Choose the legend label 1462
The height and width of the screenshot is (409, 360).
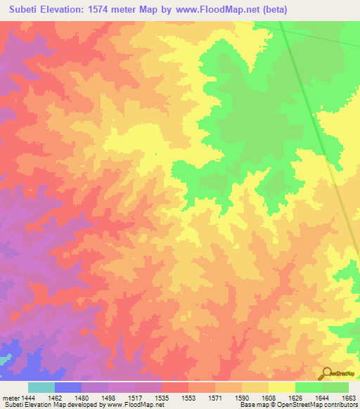click(x=57, y=397)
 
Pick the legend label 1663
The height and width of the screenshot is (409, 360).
click(x=347, y=397)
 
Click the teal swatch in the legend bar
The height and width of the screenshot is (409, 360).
click(x=41, y=387)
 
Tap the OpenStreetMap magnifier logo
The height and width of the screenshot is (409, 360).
click(x=326, y=374)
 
